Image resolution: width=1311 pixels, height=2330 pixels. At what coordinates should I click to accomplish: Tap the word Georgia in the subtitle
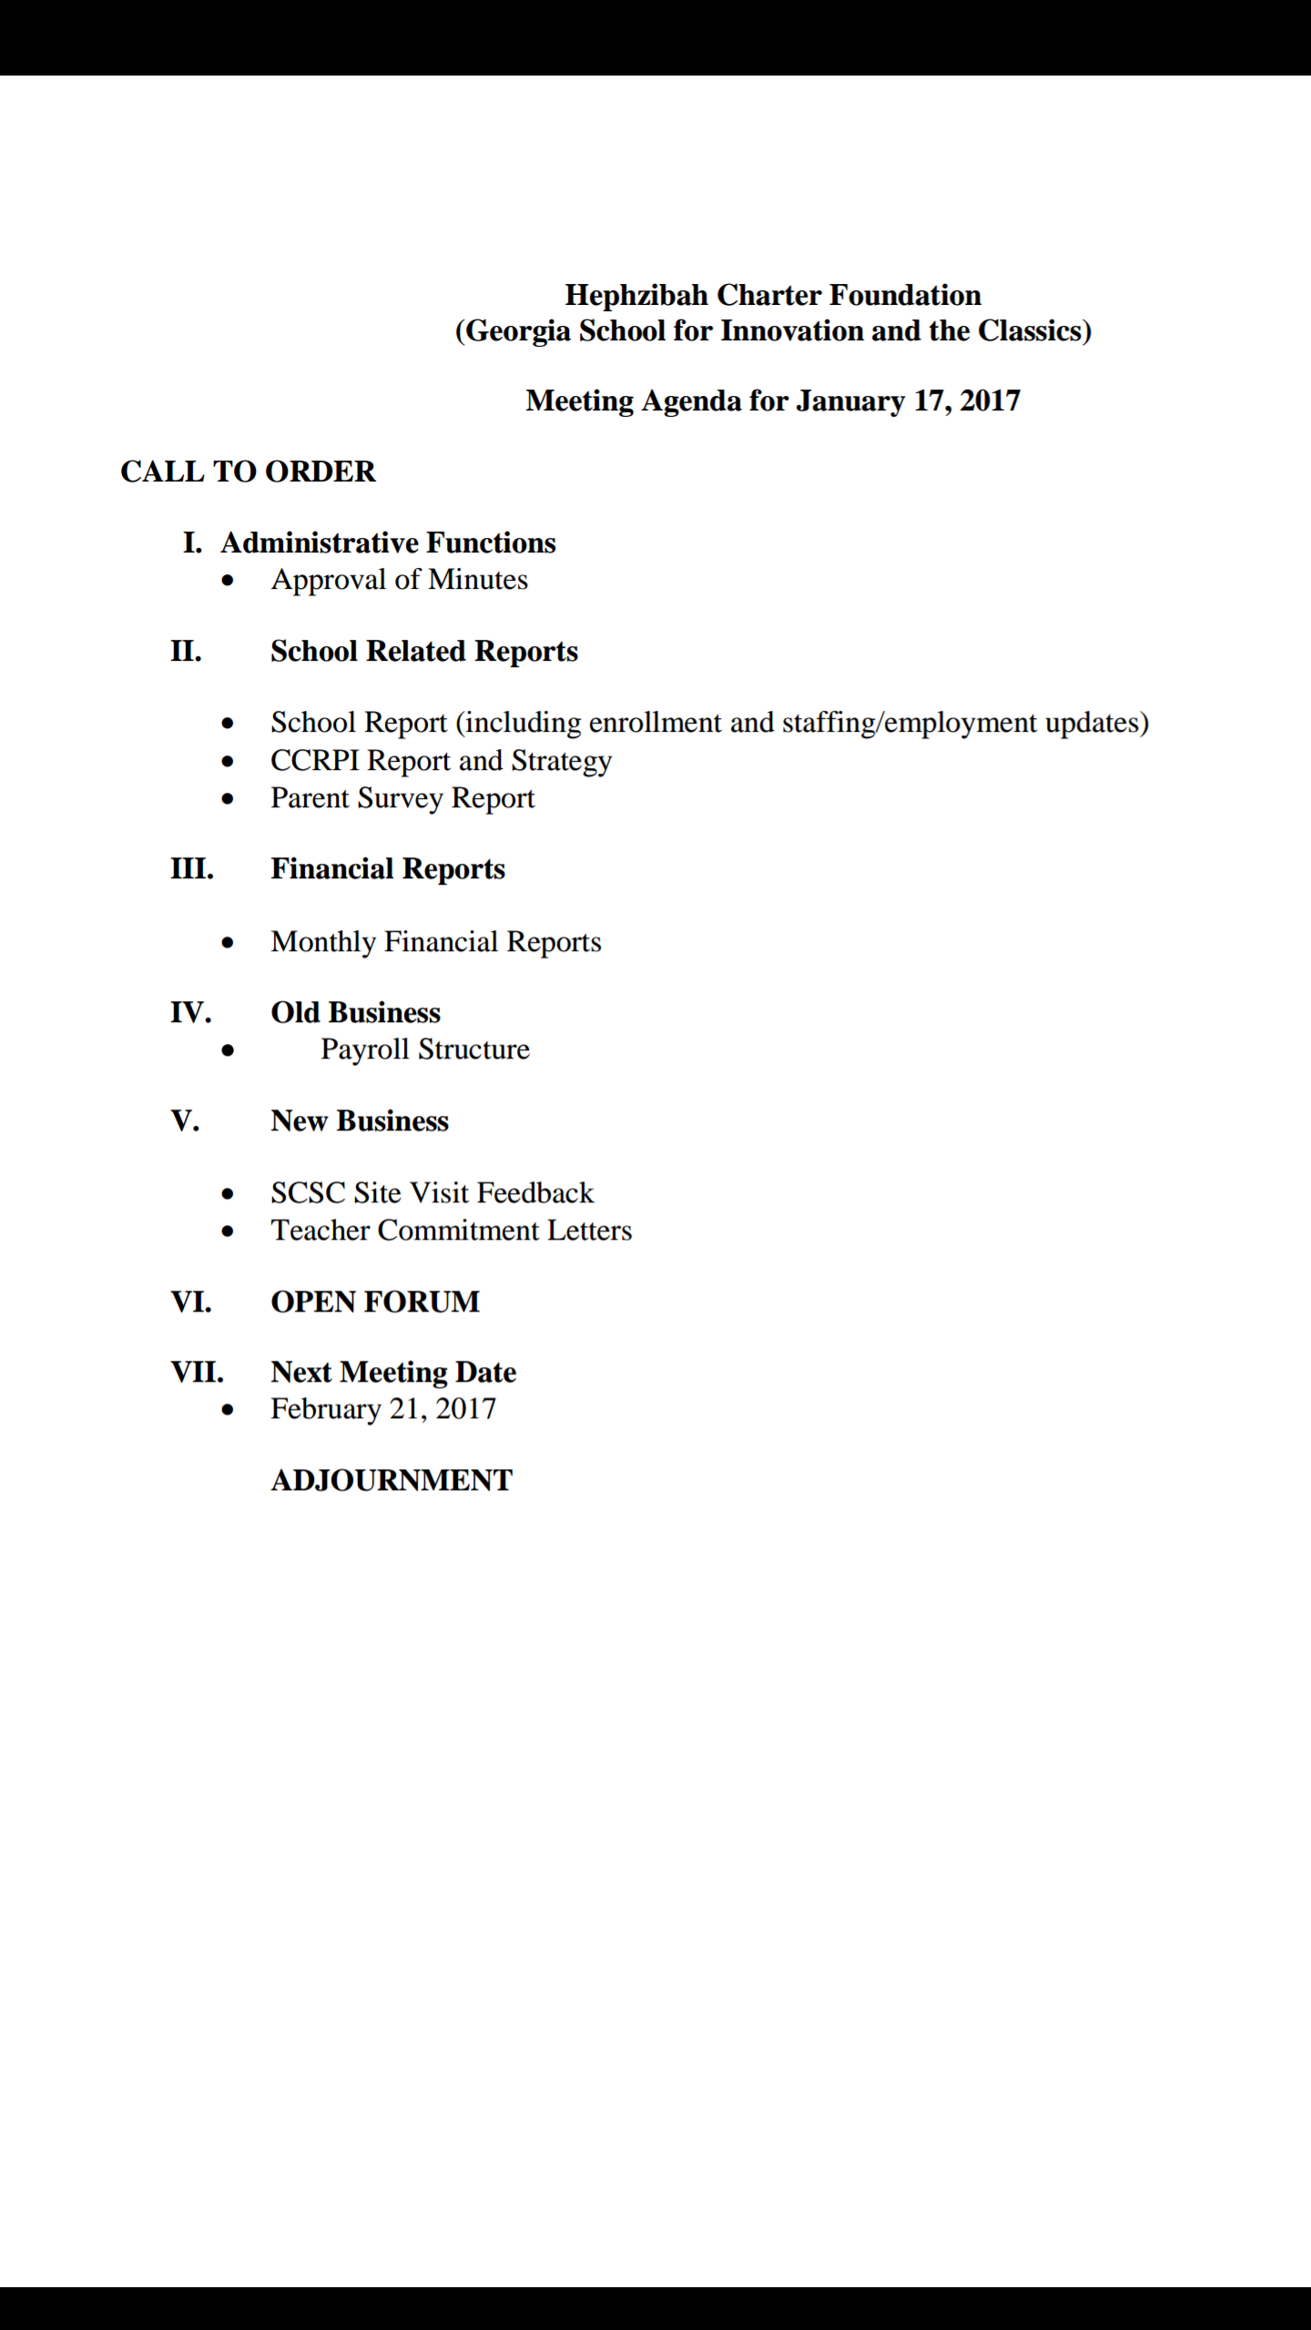(519, 331)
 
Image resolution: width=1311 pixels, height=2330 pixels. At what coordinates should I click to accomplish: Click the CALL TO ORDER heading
(248, 472)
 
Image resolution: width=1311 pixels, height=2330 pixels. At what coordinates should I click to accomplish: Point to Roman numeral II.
(186, 652)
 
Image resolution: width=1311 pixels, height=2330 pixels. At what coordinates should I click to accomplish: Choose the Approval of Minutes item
(399, 581)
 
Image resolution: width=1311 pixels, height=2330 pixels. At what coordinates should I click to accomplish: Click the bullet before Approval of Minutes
(228, 581)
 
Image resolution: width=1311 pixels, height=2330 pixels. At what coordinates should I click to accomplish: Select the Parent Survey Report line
(402, 798)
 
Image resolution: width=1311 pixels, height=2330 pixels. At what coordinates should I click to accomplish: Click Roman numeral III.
(191, 869)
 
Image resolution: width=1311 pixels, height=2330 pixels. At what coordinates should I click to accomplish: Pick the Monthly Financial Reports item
(436, 942)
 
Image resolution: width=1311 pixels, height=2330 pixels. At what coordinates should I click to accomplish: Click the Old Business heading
(355, 1013)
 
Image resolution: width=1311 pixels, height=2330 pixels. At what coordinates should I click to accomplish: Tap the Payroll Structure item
(424, 1050)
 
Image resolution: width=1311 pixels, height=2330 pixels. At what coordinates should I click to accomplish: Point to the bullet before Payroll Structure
(228, 1050)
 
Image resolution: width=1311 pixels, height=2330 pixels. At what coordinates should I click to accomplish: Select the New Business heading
(360, 1121)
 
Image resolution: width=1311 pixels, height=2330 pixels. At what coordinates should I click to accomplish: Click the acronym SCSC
(308, 1193)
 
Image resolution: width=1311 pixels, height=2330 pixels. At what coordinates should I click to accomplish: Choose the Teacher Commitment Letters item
(451, 1231)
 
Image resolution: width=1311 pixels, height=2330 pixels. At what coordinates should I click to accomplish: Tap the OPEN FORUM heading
(375, 1302)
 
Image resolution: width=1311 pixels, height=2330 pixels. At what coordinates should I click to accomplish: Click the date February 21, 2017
(383, 1410)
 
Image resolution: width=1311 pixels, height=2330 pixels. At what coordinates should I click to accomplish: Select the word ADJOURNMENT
(391, 1481)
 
